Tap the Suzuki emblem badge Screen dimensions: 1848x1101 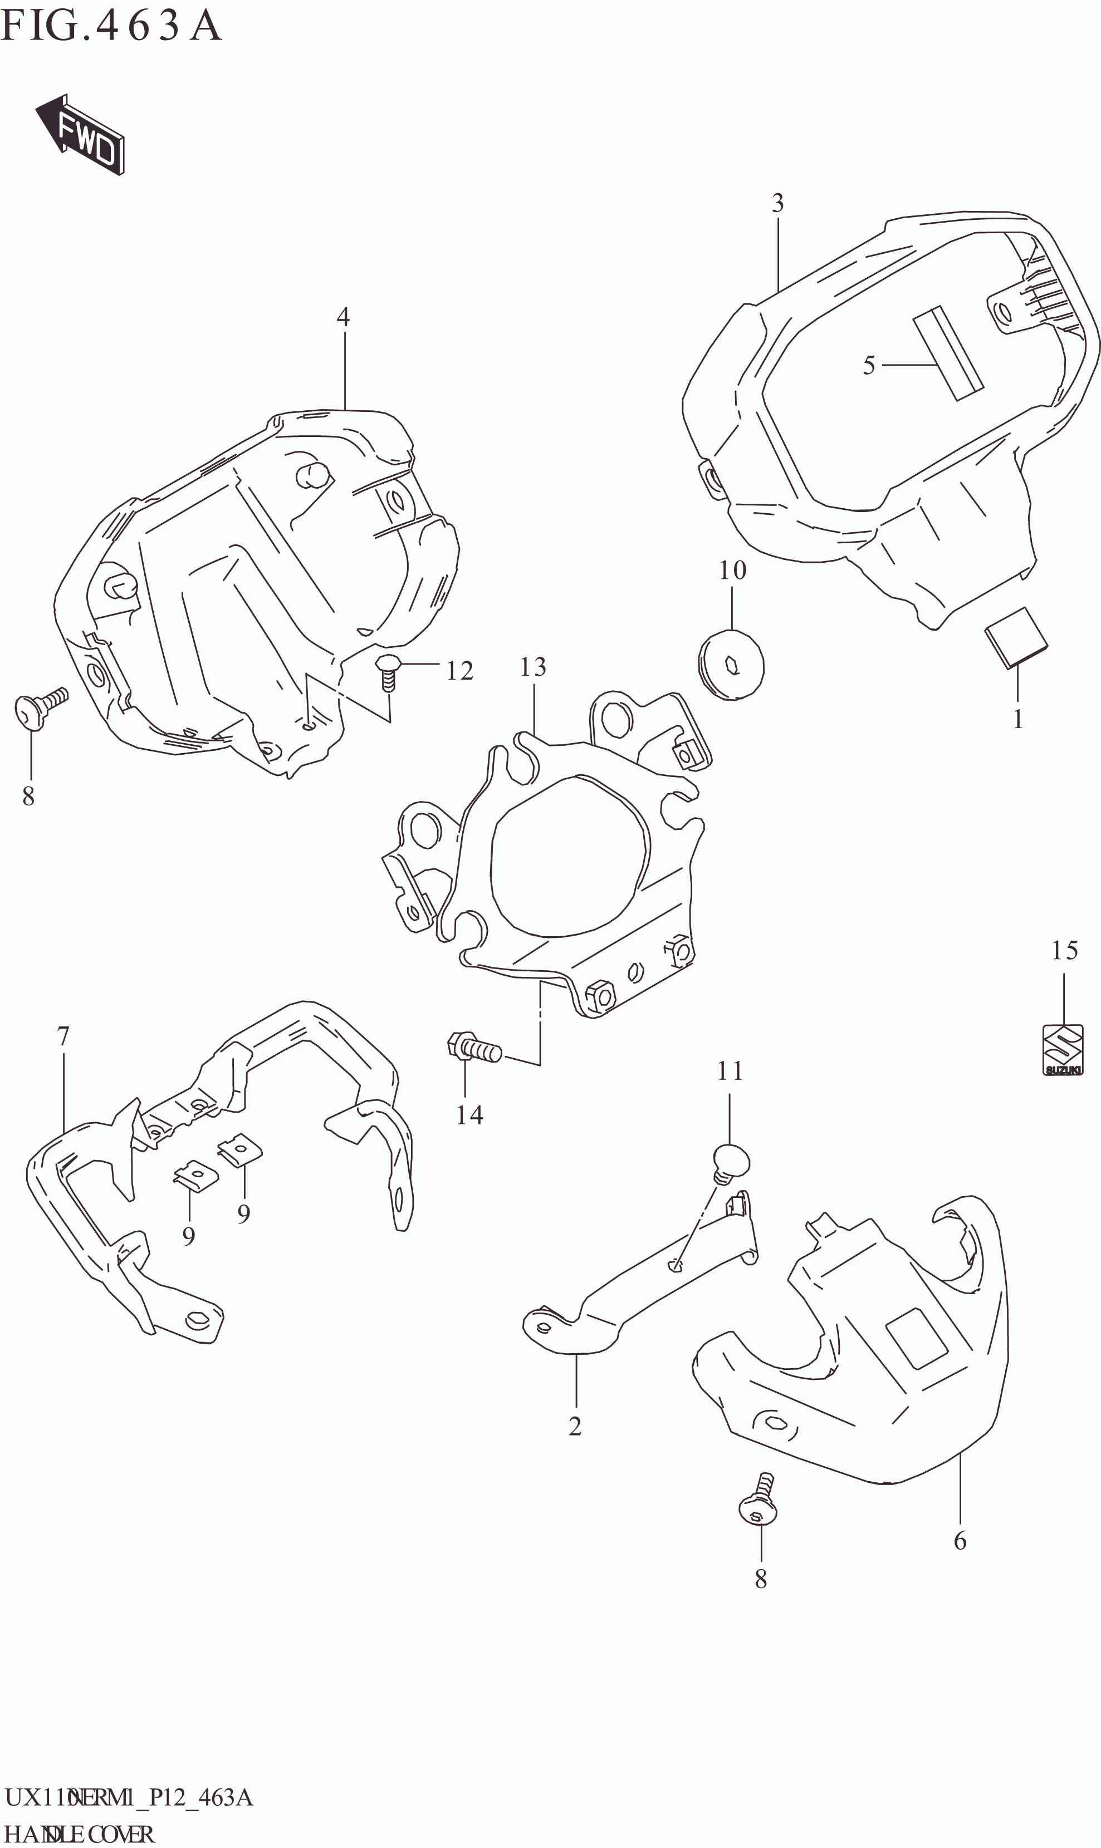point(1063,1049)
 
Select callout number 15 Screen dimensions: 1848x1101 point(1064,951)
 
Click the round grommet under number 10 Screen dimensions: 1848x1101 point(732,665)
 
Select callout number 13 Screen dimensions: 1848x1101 point(533,667)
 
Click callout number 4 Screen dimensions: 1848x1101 point(342,317)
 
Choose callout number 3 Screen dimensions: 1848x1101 point(777,203)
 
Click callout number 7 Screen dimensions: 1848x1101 point(63,1036)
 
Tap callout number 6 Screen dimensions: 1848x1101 point(960,1541)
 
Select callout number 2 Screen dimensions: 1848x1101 point(575,1426)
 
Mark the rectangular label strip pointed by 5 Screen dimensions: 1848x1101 point(948,353)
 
